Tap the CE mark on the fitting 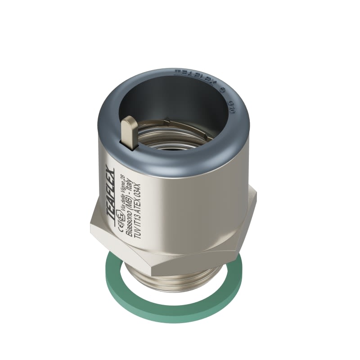[x=120, y=221]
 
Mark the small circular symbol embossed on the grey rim [x=221, y=89]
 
